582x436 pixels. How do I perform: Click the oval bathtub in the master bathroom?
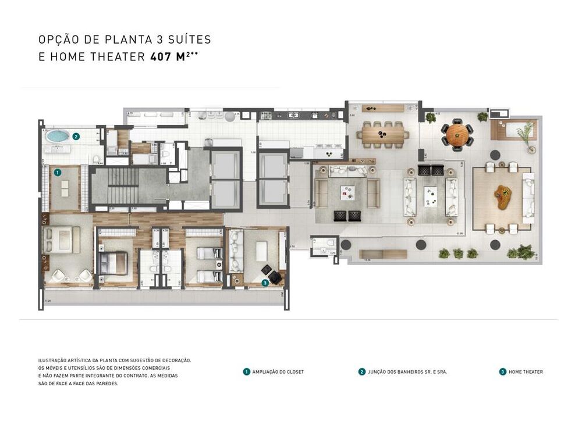tap(58, 137)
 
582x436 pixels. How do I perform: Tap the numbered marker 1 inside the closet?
tap(58, 173)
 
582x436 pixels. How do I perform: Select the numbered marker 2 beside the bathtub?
tap(77, 137)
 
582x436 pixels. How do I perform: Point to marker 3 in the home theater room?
tap(265, 283)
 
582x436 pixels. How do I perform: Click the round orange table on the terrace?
tap(457, 134)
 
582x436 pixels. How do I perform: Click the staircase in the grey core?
tap(123, 186)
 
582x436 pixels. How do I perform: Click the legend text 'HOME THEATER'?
tap(526, 372)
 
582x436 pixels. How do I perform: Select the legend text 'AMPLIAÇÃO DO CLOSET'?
tap(278, 372)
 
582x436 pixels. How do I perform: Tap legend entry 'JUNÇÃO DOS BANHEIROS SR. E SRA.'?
tap(407, 372)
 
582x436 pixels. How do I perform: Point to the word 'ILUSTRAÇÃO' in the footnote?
tap(53, 360)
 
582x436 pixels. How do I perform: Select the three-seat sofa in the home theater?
tap(236, 251)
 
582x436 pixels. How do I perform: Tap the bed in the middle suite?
tap(113, 263)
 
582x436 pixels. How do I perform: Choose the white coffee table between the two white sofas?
tap(431, 196)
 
